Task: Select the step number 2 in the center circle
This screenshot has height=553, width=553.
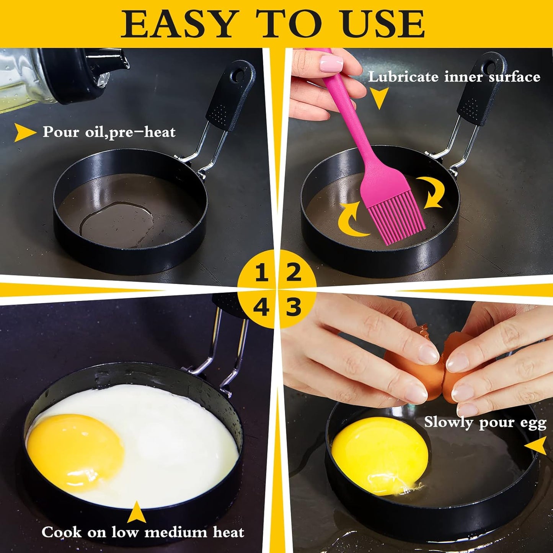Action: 294,272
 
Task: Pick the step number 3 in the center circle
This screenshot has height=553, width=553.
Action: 294,307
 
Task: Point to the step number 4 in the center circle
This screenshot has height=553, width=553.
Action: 261,307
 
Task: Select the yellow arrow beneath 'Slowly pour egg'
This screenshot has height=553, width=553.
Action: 537,446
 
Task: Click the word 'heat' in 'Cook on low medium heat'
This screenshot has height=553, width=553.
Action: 228,532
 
